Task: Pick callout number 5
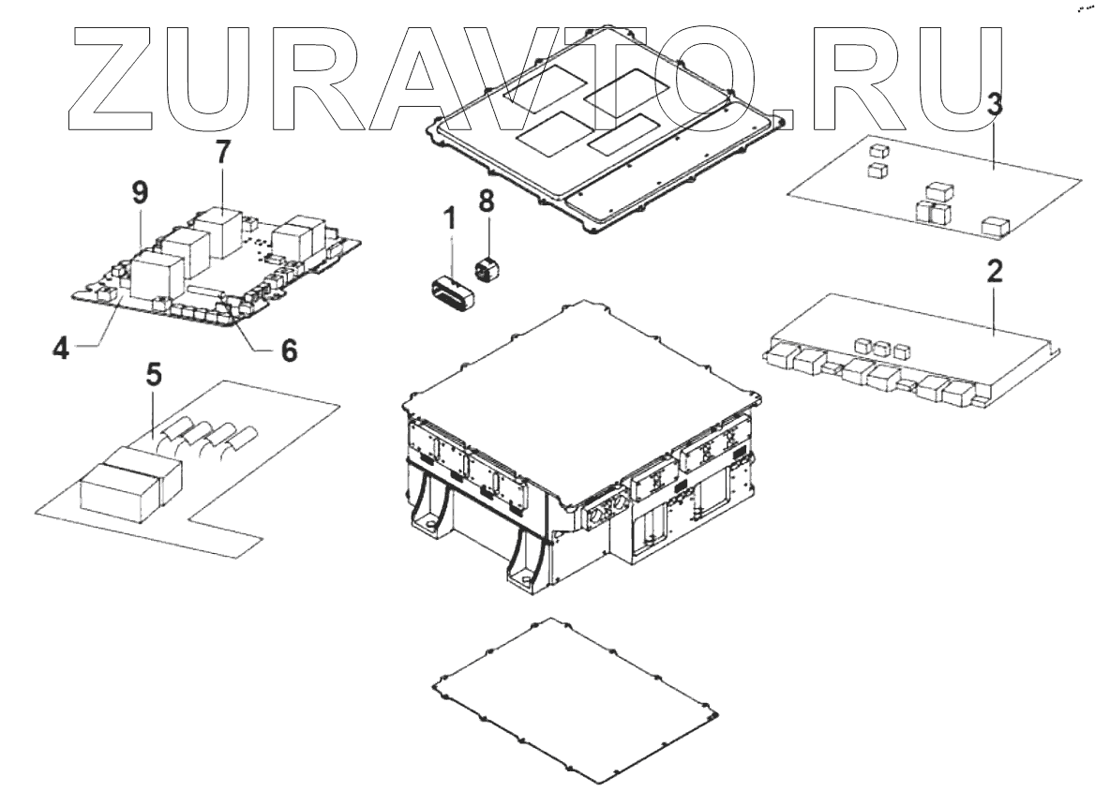pyautogui.click(x=154, y=375)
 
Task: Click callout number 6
pyautogui.click(x=289, y=350)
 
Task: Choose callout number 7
pyautogui.click(x=221, y=154)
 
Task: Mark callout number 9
pyautogui.click(x=140, y=194)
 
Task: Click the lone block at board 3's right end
pyautogui.click(x=994, y=226)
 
